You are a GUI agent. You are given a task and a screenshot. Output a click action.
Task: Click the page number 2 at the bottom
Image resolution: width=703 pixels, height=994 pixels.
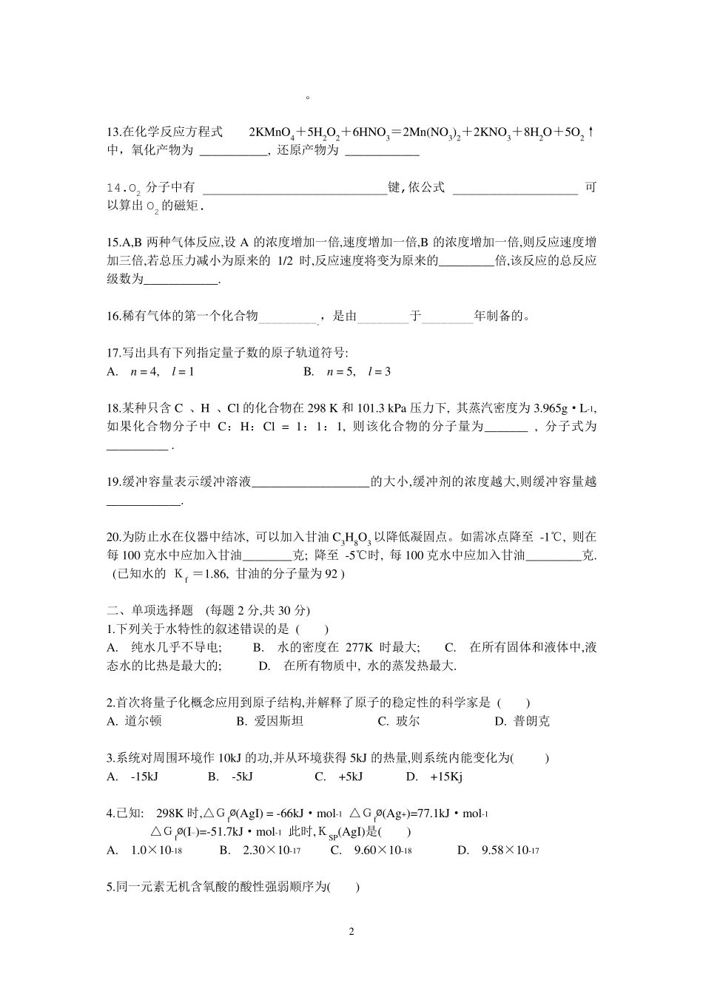click(351, 931)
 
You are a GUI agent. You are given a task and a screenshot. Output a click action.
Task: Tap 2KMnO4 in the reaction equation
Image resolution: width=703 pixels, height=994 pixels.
click(272, 133)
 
